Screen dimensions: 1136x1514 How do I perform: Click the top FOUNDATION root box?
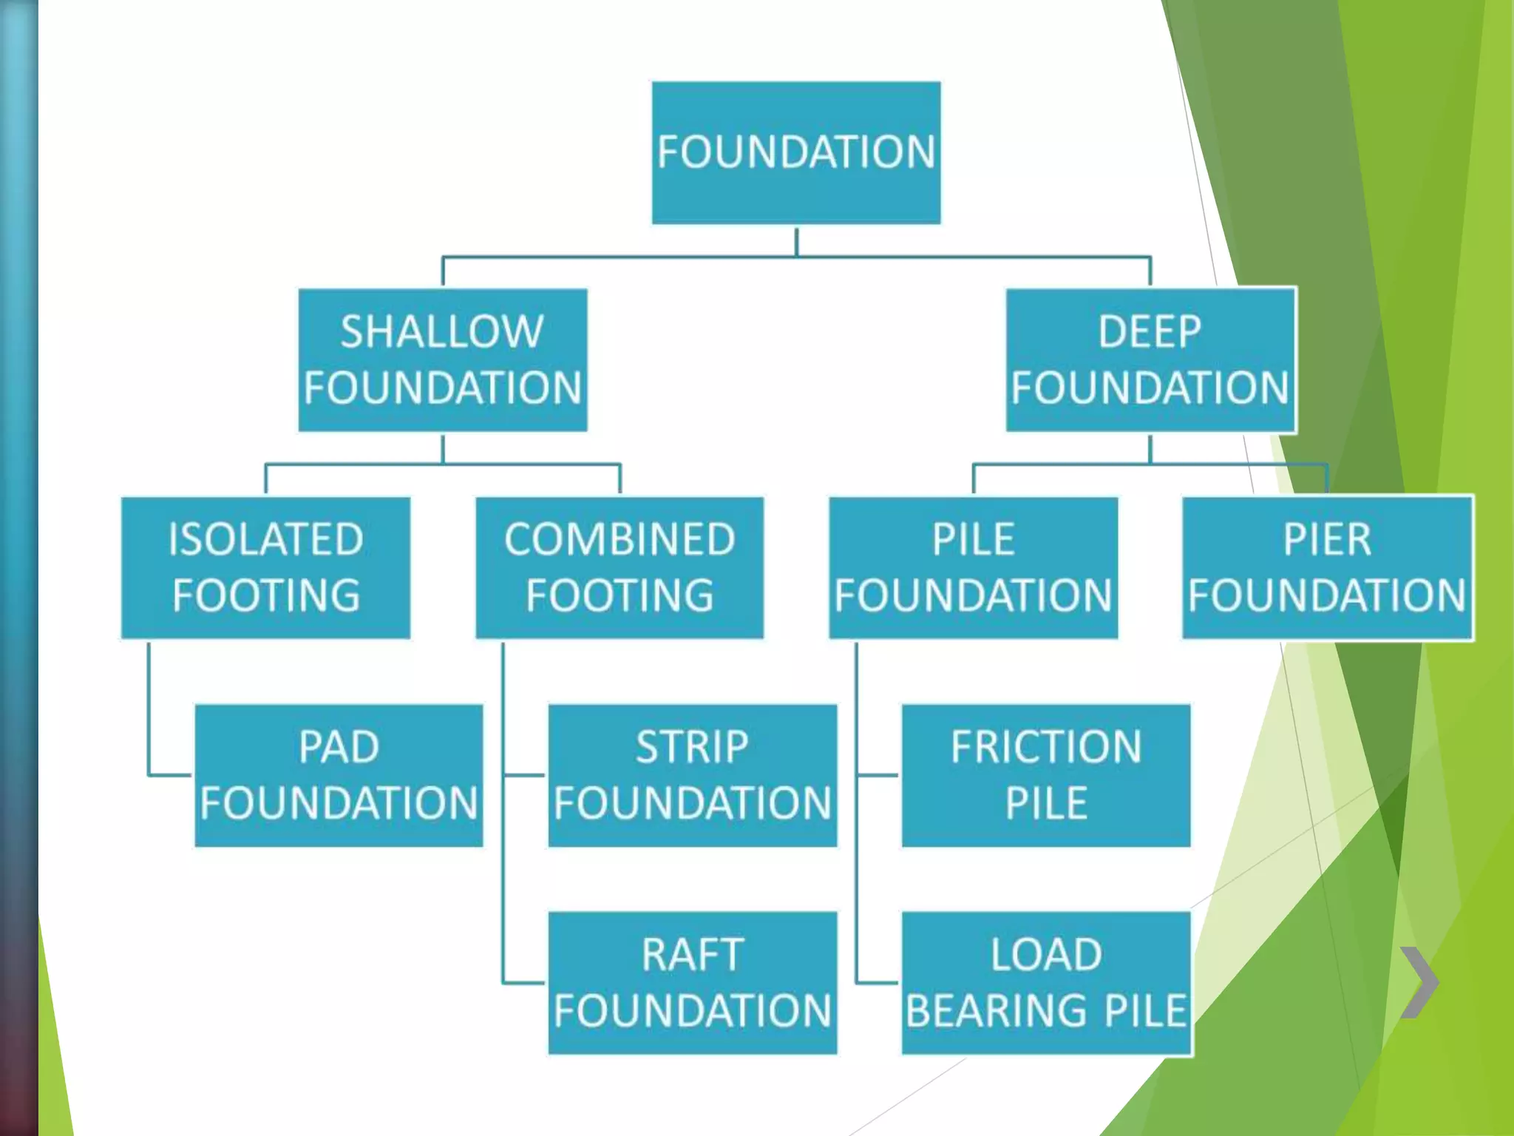(795, 152)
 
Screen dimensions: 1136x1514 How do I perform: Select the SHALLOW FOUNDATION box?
(442, 359)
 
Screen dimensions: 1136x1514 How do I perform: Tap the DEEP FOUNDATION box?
(1150, 359)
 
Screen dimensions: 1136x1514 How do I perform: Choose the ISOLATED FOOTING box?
(265, 567)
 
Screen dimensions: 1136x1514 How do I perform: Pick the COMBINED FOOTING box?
(619, 567)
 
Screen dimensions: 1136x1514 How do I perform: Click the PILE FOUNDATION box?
(973, 567)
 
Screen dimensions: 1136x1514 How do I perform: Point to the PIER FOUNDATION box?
(1327, 567)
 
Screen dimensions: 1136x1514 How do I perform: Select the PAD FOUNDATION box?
(339, 775)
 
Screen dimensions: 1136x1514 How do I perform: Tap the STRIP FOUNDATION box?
(692, 775)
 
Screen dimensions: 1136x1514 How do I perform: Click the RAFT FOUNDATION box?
(692, 983)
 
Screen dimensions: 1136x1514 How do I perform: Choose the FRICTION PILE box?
(1046, 775)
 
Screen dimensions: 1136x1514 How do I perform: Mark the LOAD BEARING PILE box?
(1046, 983)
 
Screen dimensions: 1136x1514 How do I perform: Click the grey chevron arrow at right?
(1419, 982)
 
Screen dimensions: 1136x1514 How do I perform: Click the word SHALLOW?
(442, 331)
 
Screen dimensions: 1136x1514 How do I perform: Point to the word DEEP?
(1150, 331)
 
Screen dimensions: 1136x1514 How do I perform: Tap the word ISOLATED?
(265, 539)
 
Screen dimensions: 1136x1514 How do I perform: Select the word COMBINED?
(619, 539)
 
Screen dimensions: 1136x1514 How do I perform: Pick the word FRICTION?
(1046, 747)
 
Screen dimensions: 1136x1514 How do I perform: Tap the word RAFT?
(692, 955)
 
